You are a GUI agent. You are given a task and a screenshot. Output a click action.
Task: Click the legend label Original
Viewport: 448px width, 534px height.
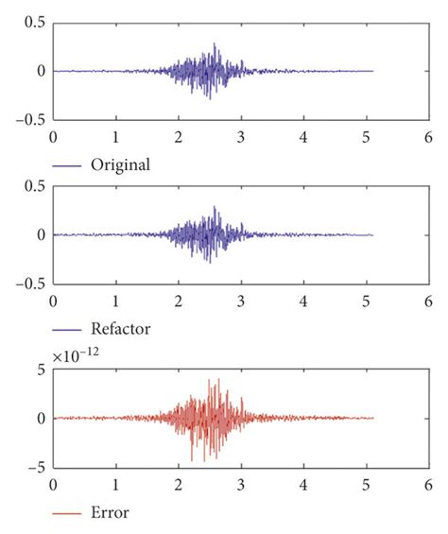(x=121, y=165)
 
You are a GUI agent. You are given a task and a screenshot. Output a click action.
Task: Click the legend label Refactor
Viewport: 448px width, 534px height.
(x=121, y=331)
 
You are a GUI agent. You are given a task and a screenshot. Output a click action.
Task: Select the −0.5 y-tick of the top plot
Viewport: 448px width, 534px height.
(x=31, y=119)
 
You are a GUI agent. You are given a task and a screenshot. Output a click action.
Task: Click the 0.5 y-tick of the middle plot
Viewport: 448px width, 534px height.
(x=36, y=187)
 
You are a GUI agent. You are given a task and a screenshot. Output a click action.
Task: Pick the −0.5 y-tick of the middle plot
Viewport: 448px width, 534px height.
(x=31, y=284)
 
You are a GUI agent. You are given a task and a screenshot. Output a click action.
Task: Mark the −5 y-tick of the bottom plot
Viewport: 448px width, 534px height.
(x=37, y=467)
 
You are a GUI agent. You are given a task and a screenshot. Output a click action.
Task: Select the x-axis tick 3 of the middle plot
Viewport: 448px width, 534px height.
(x=241, y=301)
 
